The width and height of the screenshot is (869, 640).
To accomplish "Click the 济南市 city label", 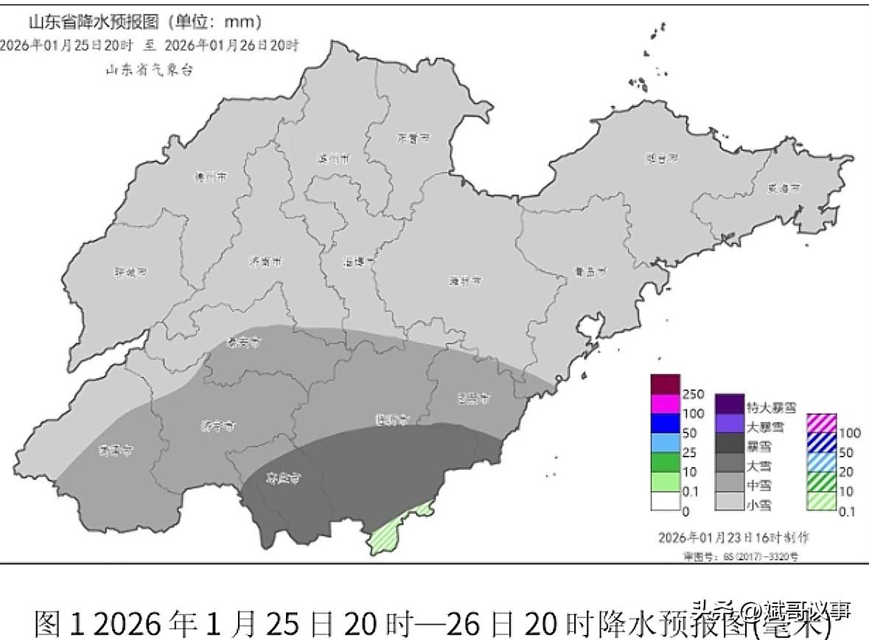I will tap(265, 261).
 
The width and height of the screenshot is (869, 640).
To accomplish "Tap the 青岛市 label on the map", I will tap(590, 272).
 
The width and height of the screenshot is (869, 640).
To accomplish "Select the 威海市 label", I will tap(784, 188).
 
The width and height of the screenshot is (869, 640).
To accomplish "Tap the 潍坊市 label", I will tap(466, 281).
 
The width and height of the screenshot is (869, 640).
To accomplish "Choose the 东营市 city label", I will tap(413, 138).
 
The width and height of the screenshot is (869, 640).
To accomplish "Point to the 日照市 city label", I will tap(473, 398).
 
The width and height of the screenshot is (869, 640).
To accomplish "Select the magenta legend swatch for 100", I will tap(664, 404).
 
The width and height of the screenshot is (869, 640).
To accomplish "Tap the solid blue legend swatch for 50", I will tap(664, 423).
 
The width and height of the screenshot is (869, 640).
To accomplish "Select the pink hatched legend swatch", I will tap(821, 423).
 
